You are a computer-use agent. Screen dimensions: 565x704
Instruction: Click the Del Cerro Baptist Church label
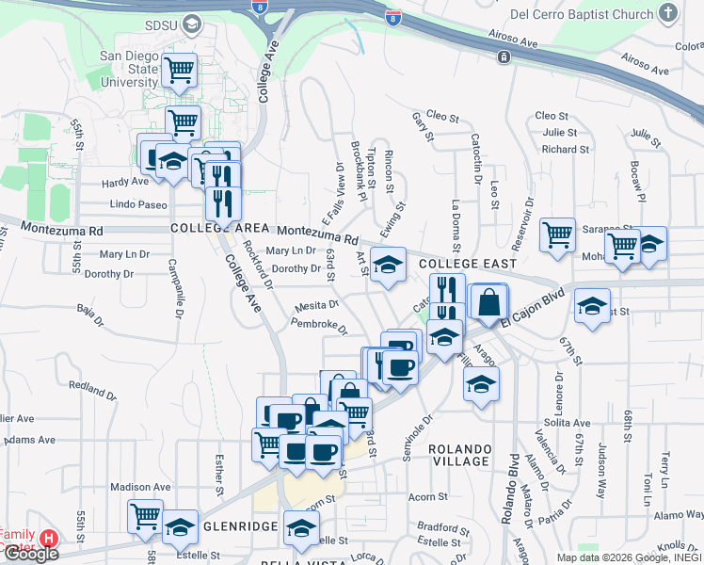point(581,14)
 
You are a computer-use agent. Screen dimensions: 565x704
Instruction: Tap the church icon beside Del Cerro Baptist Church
point(668,13)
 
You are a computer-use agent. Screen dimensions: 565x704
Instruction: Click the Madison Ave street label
point(140,487)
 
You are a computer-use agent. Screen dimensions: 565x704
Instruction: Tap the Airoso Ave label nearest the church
point(513,42)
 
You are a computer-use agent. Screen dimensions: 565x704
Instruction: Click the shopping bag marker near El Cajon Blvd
point(488,303)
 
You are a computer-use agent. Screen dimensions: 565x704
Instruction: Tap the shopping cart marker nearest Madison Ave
point(146,515)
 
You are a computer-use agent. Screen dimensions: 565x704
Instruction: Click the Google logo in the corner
point(31,554)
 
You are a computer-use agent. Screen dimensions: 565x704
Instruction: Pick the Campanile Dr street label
point(173,292)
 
